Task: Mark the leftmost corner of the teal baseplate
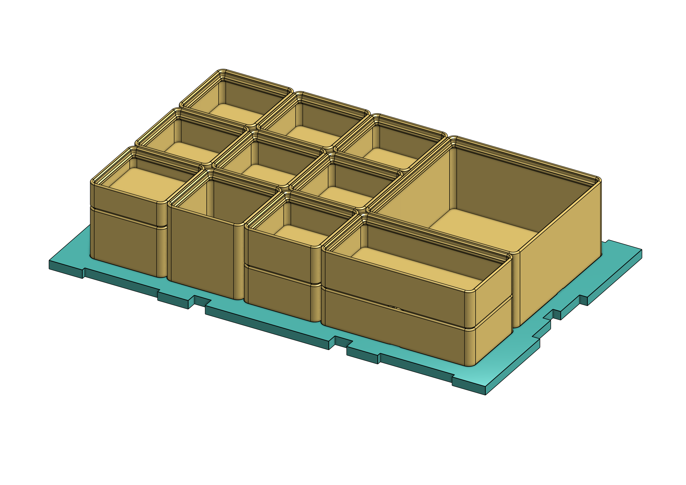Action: [50, 264]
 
